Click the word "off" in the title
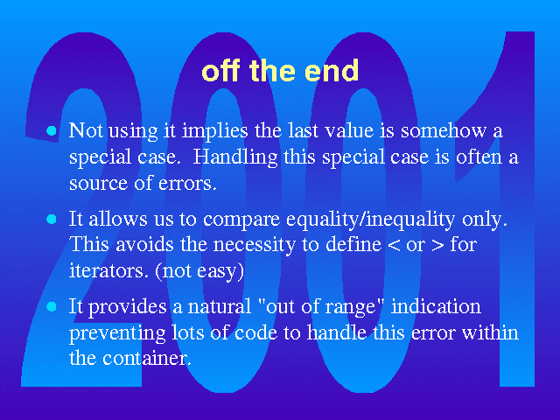pyautogui.click(x=220, y=70)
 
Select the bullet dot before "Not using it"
pyautogui.click(x=52, y=131)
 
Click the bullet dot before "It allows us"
pyautogui.click(x=52, y=219)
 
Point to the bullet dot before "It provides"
pyautogui.click(x=52, y=306)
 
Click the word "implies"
pyautogui.click(x=215, y=131)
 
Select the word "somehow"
pyautogui.click(x=444, y=130)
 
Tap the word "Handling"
pyautogui.click(x=235, y=157)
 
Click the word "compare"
pyautogui.click(x=241, y=220)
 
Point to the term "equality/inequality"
pyautogui.click(x=371, y=220)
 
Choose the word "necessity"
pyautogui.click(x=255, y=246)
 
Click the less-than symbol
pyautogui.click(x=394, y=246)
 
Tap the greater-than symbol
pyautogui.click(x=437, y=246)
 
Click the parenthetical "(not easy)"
pyautogui.click(x=199, y=271)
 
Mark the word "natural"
pyautogui.click(x=220, y=307)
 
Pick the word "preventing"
pyautogui.click(x=117, y=333)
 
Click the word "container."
pyautogui.click(x=147, y=358)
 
